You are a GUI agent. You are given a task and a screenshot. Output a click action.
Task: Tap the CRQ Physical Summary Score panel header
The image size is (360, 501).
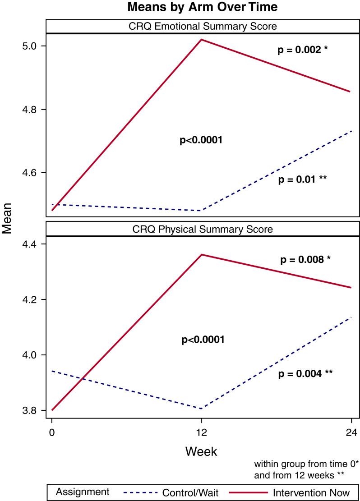[202, 229]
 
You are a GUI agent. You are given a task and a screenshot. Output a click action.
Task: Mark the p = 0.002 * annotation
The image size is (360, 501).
[302, 50]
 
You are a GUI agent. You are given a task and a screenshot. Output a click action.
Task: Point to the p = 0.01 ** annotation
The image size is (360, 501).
[302, 179]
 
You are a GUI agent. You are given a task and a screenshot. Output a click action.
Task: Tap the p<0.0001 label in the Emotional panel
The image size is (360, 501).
[202, 141]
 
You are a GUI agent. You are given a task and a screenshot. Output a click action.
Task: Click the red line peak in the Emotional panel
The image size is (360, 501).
[201, 40]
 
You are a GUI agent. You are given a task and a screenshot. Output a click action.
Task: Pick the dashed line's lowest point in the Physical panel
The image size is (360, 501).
[201, 409]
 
